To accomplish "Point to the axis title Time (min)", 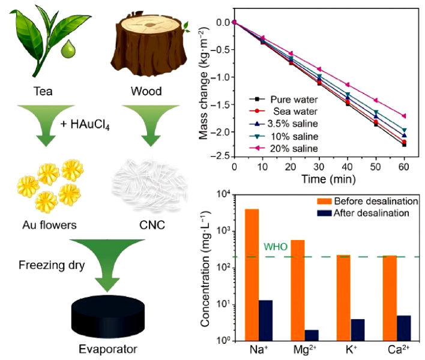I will click(319, 178).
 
